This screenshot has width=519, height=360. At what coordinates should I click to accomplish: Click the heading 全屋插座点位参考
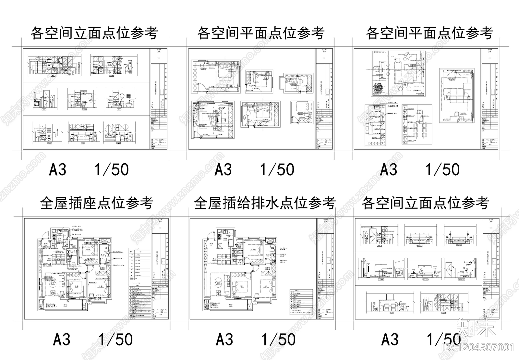click(x=96, y=204)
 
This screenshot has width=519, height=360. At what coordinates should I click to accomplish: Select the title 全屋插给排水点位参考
click(x=264, y=204)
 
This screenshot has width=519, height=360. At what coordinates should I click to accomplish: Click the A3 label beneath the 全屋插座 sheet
click(x=61, y=340)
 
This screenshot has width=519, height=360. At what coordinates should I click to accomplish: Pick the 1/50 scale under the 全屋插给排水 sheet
click(x=278, y=340)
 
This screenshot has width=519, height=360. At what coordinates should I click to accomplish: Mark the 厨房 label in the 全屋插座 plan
click(x=60, y=239)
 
